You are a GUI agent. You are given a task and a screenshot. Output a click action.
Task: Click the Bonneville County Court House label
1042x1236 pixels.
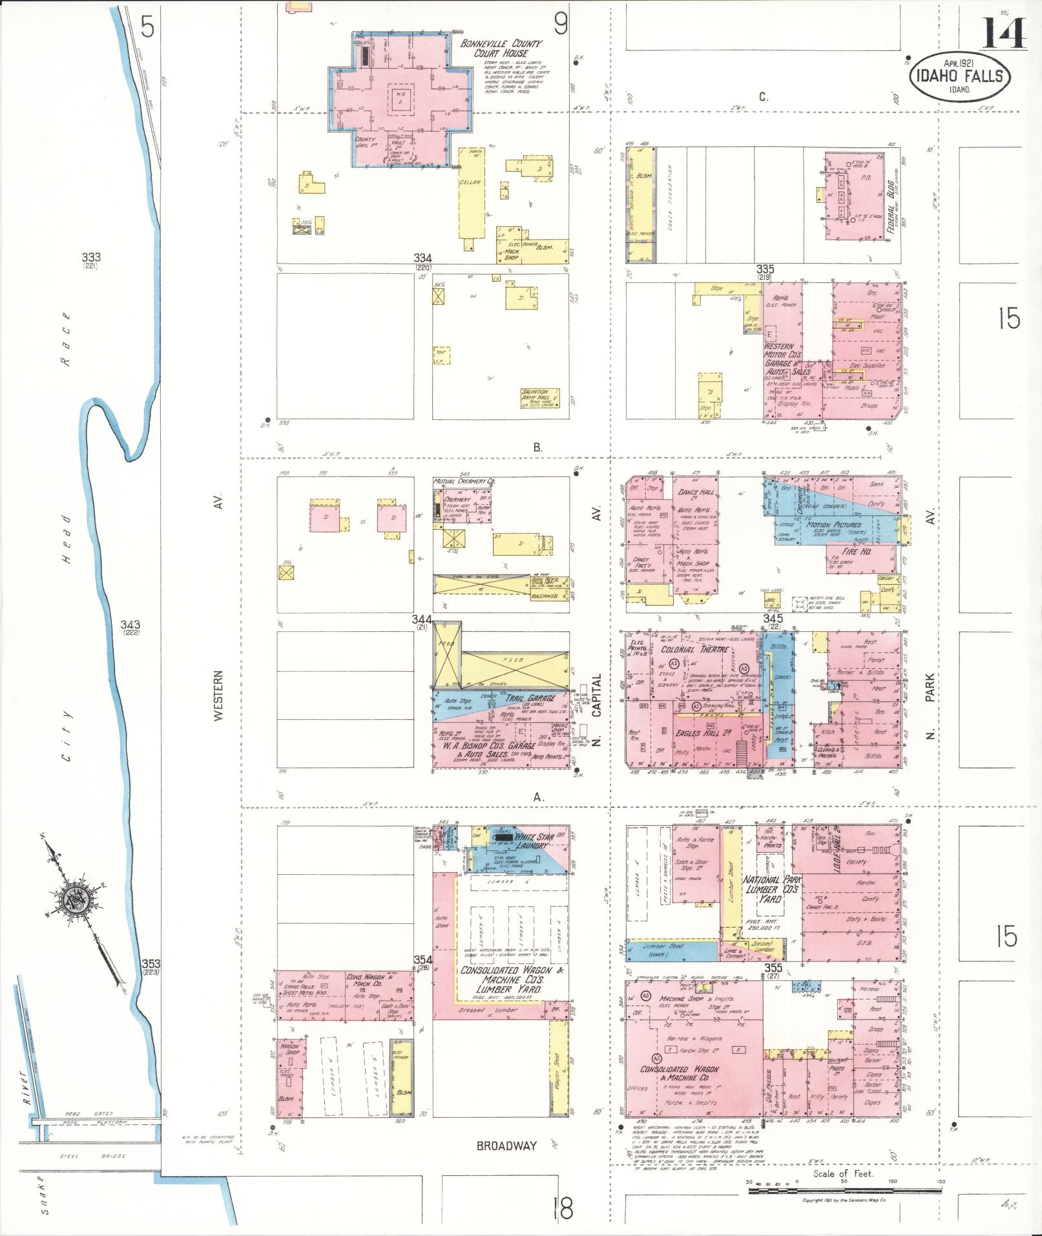tap(501, 48)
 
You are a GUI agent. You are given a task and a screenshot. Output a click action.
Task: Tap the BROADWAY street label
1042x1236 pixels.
tap(506, 1146)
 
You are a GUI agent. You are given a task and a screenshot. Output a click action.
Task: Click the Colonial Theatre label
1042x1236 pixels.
tap(694, 649)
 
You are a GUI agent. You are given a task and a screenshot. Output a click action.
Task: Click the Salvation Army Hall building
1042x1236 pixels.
tap(541, 396)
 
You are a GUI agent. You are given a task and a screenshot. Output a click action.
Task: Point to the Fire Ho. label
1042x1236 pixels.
tap(857, 552)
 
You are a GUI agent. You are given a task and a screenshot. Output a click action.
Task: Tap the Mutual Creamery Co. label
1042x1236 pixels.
tap(464, 482)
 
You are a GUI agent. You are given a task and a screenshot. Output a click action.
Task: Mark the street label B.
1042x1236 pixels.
tap(537, 446)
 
